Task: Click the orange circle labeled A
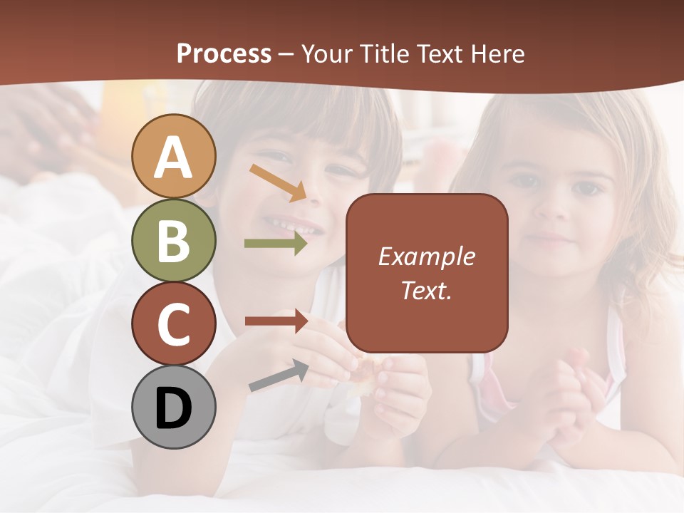pos(174,156)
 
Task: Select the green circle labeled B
pos(174,240)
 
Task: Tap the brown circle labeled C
pos(174,323)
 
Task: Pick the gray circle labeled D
pos(174,408)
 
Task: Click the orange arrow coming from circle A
pos(278,182)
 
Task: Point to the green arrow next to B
pos(276,244)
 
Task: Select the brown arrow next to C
pos(276,321)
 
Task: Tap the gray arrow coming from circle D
pos(279,375)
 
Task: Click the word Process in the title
pos(224,54)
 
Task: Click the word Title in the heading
pos(385,54)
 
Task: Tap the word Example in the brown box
pos(427,256)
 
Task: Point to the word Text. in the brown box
pos(427,290)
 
